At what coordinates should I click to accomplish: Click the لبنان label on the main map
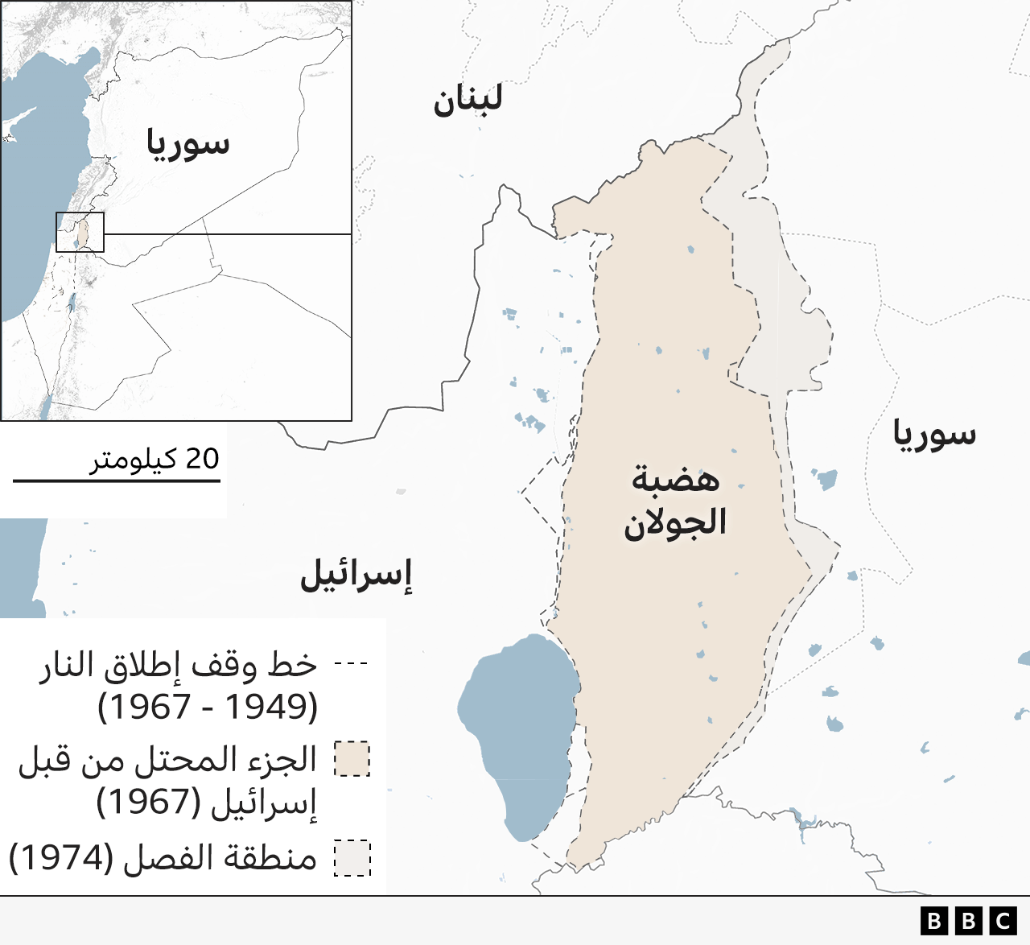click(x=468, y=100)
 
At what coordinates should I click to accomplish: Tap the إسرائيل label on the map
click(x=356, y=575)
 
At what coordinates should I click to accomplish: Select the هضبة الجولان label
click(x=675, y=501)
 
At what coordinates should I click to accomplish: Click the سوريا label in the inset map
click(x=187, y=144)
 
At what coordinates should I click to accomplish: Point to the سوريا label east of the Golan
click(x=934, y=435)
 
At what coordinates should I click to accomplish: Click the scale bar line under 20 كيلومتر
click(x=117, y=481)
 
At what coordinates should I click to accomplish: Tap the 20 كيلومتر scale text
click(x=154, y=459)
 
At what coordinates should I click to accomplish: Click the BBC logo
click(x=969, y=921)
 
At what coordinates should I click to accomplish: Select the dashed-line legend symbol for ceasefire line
click(x=351, y=665)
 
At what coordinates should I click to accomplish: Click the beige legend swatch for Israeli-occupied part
click(x=352, y=759)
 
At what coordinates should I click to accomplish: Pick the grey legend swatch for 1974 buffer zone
click(x=352, y=858)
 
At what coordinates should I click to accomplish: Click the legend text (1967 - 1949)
click(x=208, y=707)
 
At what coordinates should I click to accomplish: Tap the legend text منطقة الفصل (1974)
click(x=163, y=858)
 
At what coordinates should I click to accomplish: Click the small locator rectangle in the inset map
click(x=80, y=232)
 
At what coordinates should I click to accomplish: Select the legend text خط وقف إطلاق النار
click(x=178, y=666)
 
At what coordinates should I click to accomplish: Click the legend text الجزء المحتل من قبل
click(x=167, y=760)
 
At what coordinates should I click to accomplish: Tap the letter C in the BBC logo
click(x=1003, y=921)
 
